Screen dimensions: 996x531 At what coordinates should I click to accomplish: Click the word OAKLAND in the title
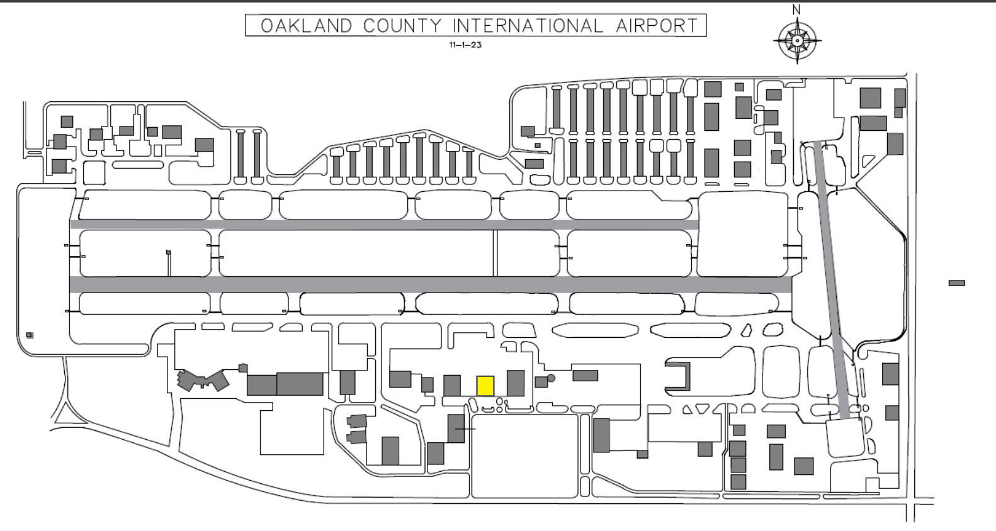tap(307, 26)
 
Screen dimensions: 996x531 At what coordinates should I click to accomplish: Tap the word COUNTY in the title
tap(402, 26)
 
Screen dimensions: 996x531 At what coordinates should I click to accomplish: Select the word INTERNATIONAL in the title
tap(528, 26)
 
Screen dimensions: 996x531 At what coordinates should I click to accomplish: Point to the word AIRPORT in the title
tap(657, 26)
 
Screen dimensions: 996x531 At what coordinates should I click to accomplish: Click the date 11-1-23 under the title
tap(465, 45)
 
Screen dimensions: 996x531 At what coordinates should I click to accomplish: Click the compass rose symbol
tap(797, 41)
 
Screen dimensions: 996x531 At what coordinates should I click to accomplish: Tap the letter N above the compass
tap(796, 9)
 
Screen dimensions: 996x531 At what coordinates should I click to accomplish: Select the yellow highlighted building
tap(485, 386)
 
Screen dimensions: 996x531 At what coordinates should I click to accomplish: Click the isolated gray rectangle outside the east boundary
tap(957, 283)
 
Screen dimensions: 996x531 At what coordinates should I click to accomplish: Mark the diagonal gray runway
tap(834, 280)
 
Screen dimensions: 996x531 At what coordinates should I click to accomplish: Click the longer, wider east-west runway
tap(431, 284)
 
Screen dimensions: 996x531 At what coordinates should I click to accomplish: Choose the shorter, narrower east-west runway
tap(384, 225)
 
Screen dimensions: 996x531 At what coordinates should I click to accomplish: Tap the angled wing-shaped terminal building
tap(202, 381)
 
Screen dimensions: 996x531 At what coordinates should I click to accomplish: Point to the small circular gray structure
tap(551, 378)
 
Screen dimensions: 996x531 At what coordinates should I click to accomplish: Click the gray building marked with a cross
tap(456, 428)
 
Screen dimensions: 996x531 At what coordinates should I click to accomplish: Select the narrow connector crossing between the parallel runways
tap(495, 253)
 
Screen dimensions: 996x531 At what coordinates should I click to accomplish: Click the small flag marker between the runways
tap(169, 253)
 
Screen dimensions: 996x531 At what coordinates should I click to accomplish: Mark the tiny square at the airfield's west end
tap(30, 335)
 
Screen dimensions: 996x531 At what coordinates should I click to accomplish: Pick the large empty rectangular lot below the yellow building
tap(524, 456)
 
